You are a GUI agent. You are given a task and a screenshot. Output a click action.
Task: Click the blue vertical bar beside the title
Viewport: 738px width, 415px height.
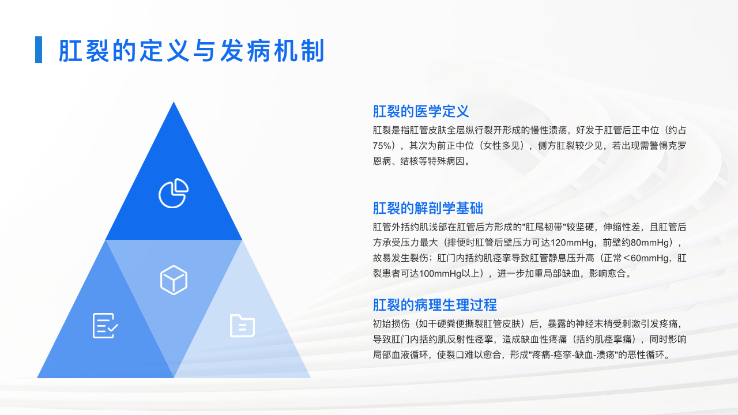pos(39,50)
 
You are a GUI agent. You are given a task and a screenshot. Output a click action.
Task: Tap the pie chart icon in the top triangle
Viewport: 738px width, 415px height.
pos(174,193)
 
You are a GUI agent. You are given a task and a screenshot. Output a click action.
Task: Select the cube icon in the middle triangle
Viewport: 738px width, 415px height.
pos(174,280)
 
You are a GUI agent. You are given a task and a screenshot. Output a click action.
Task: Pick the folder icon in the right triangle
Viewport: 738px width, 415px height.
pos(242,326)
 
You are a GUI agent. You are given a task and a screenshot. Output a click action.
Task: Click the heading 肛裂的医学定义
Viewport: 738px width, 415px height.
pos(421,111)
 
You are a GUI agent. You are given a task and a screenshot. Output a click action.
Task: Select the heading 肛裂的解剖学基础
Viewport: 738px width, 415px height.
pos(428,208)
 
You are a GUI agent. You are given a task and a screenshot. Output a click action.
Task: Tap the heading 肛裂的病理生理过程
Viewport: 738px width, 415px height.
pos(435,305)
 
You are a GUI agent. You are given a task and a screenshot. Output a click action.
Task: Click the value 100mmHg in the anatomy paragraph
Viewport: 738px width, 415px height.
pos(440,274)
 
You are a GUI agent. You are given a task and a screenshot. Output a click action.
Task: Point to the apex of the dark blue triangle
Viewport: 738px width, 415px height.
pos(174,102)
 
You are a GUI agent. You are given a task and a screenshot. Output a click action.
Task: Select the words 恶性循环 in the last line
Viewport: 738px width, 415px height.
pos(646,355)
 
